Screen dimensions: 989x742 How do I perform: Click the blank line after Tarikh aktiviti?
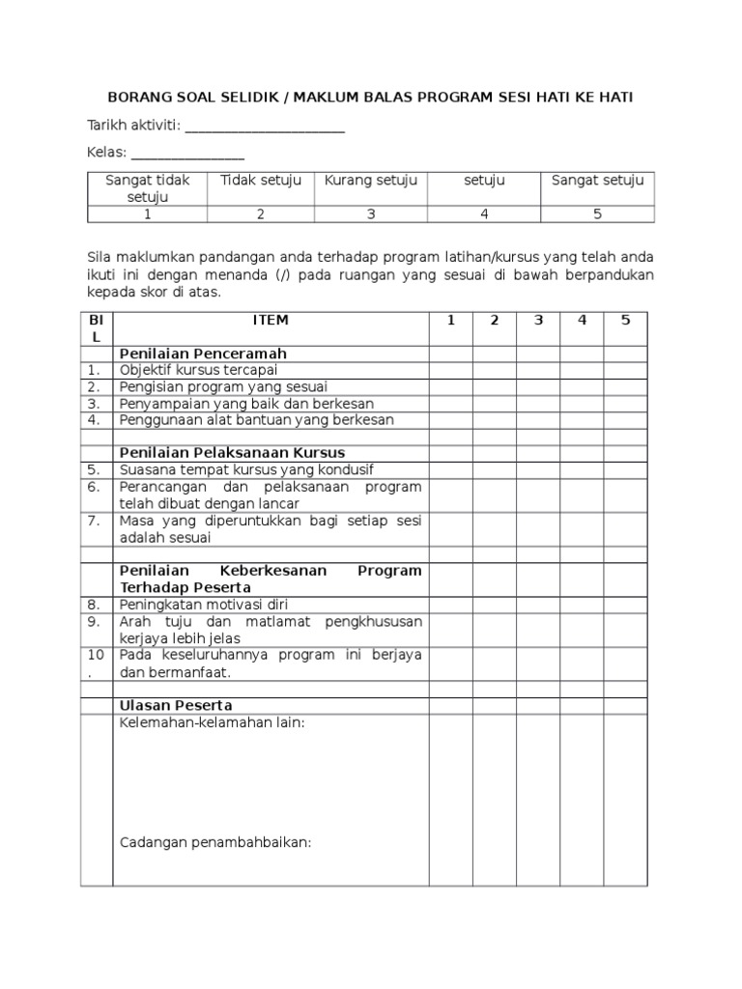(264, 129)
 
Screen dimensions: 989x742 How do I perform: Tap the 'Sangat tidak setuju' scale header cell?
(148, 188)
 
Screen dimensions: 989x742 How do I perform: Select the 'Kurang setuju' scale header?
(371, 181)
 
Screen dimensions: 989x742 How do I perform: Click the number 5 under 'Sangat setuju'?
(597, 214)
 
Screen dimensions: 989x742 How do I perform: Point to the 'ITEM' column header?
(271, 320)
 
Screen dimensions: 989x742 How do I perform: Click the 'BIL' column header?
(96, 328)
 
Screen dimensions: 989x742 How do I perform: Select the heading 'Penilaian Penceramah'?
(203, 353)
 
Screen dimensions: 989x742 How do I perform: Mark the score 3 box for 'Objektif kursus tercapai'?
(538, 370)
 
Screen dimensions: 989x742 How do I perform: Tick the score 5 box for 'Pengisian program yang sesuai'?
(625, 386)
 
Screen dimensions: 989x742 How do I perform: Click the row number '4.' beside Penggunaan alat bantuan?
(95, 420)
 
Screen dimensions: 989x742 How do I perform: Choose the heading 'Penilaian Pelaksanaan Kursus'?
(232, 452)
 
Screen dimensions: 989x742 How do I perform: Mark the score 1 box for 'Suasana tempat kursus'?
(450, 469)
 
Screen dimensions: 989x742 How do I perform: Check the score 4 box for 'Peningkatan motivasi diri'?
(582, 604)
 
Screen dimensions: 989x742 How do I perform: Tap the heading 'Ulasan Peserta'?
(175, 705)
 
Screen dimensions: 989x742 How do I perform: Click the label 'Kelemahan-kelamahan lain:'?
(212, 722)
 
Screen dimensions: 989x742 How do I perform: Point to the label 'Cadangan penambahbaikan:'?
(214, 842)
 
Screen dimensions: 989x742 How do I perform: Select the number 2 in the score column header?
(494, 320)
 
